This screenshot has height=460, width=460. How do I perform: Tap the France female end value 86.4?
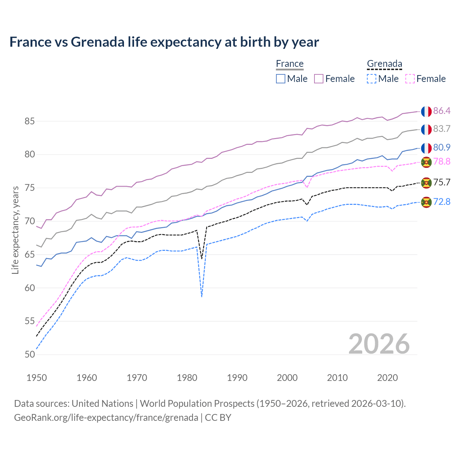(x=442, y=111)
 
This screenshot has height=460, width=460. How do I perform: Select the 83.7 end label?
(x=442, y=129)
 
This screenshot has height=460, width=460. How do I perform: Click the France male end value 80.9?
(x=442, y=147)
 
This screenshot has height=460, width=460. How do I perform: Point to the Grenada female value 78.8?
(x=442, y=161)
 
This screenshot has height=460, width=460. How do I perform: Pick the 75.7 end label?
(x=442, y=182)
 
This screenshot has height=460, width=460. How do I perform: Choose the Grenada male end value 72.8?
(x=442, y=202)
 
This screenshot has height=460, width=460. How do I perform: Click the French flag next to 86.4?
(x=426, y=111)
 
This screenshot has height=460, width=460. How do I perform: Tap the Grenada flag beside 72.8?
(x=426, y=202)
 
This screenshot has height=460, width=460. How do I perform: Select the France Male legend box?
(x=281, y=79)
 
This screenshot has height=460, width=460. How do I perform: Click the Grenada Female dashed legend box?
(x=410, y=79)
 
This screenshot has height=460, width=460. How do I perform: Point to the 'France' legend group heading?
(x=290, y=64)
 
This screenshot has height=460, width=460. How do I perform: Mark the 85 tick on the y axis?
(x=30, y=121)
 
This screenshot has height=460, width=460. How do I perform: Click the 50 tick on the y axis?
(x=30, y=354)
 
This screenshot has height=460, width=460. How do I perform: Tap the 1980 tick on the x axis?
(x=187, y=378)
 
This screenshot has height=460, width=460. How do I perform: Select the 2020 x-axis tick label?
(x=387, y=378)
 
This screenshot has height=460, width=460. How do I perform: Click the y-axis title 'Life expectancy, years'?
(x=15, y=230)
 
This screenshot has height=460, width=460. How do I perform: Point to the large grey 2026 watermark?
(x=379, y=344)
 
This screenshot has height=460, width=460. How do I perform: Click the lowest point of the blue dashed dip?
(x=202, y=296)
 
